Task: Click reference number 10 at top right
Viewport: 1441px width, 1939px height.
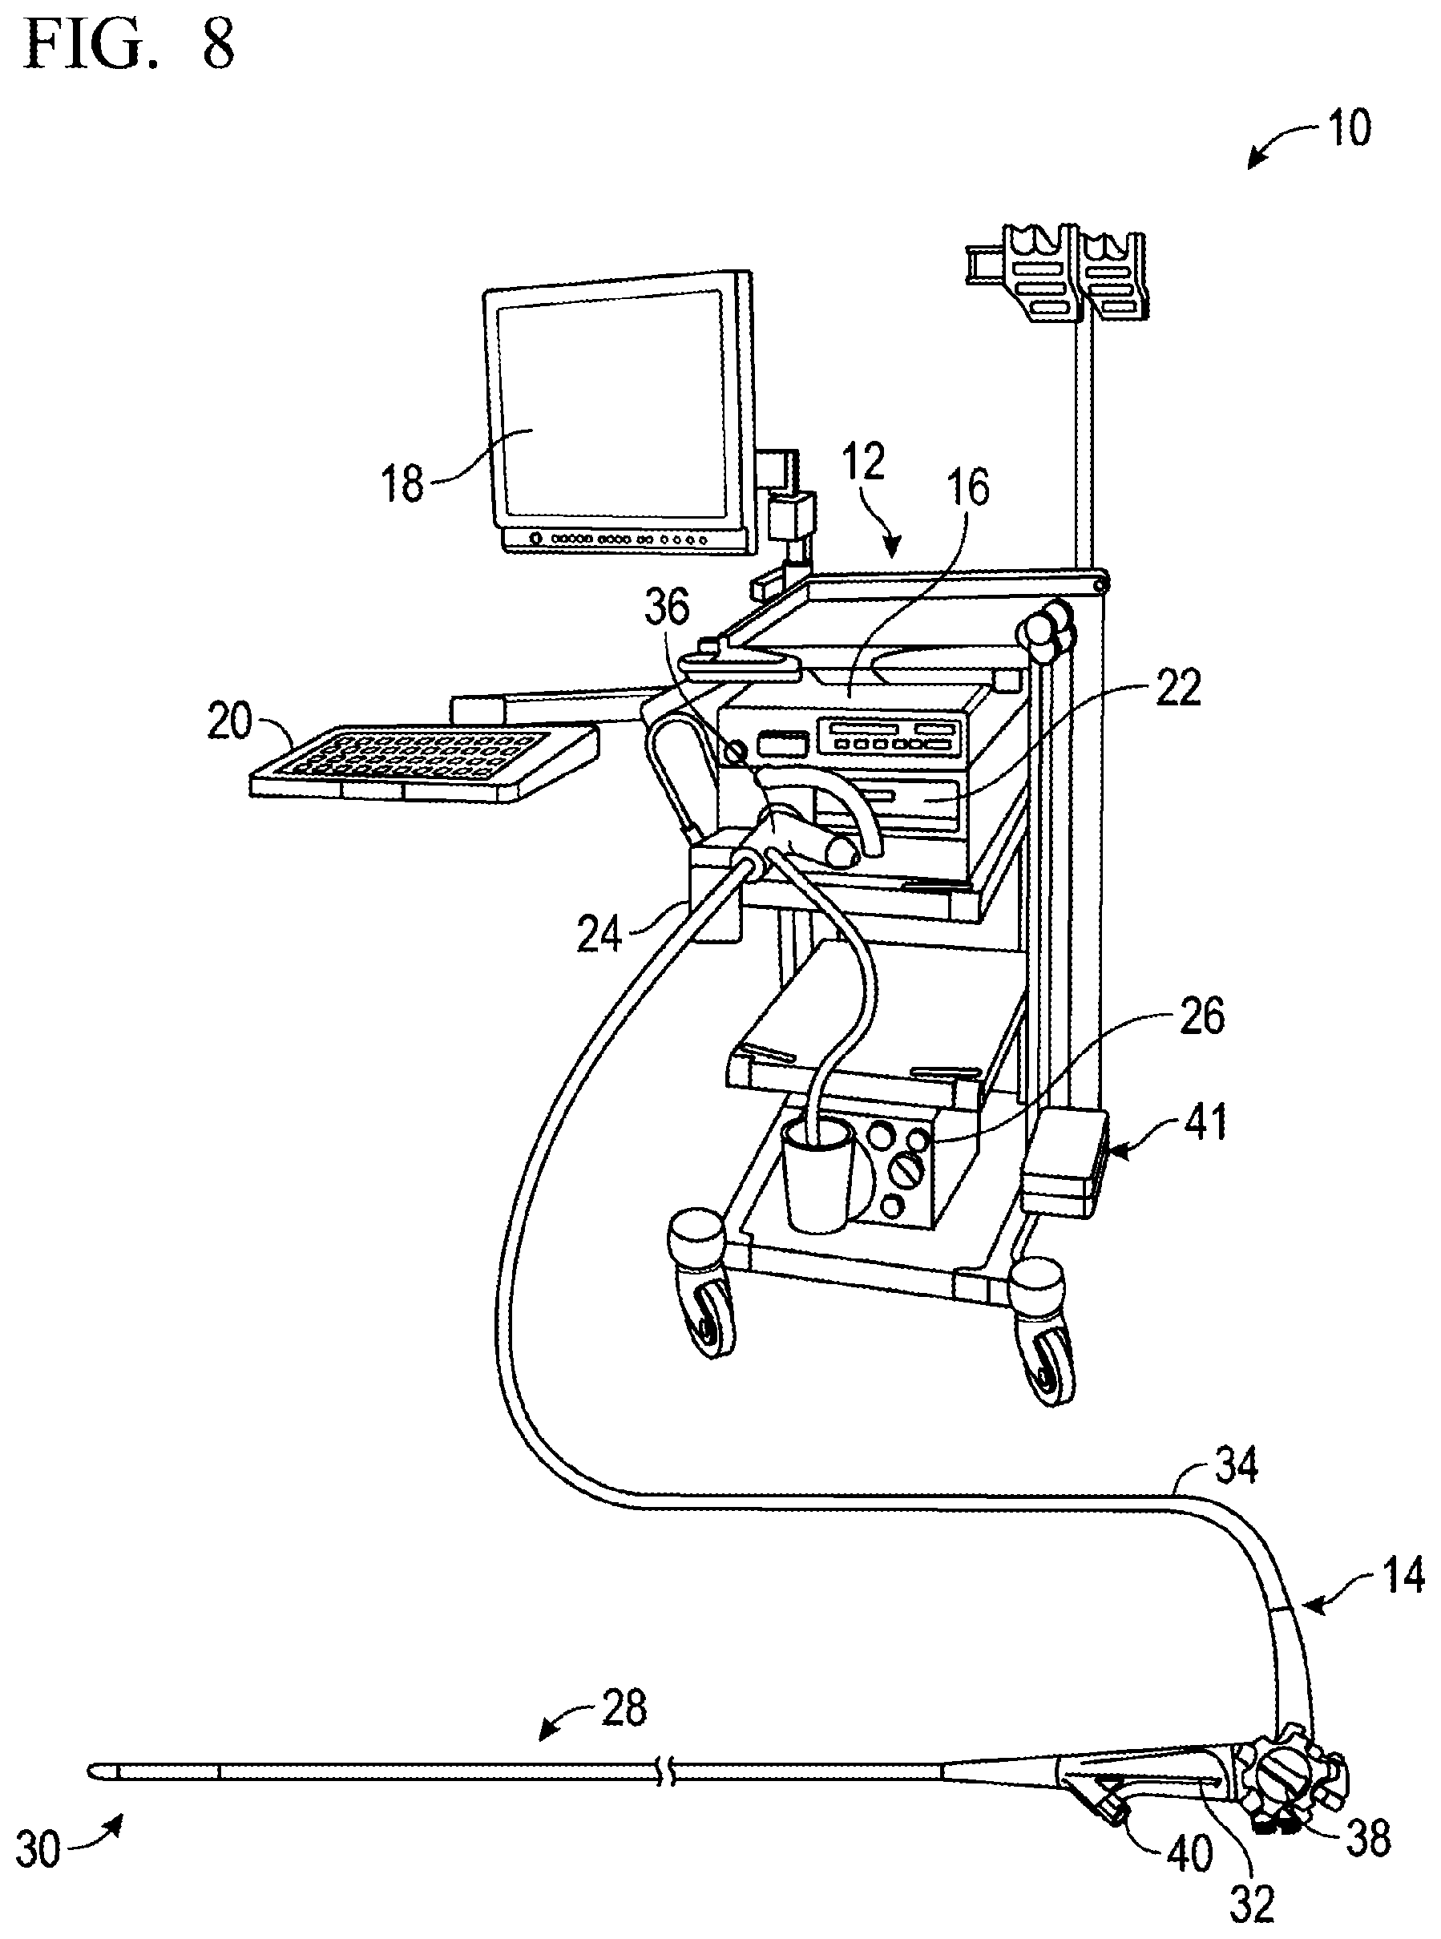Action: [1349, 128]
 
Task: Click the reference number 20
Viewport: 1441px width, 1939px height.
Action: [229, 722]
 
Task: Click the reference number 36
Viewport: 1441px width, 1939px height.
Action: [667, 608]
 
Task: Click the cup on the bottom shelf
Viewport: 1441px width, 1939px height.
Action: [817, 1175]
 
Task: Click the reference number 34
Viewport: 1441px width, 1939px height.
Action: [1236, 1467]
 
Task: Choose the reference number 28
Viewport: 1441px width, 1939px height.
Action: [624, 1708]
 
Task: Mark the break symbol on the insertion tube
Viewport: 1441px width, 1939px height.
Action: [668, 1771]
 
